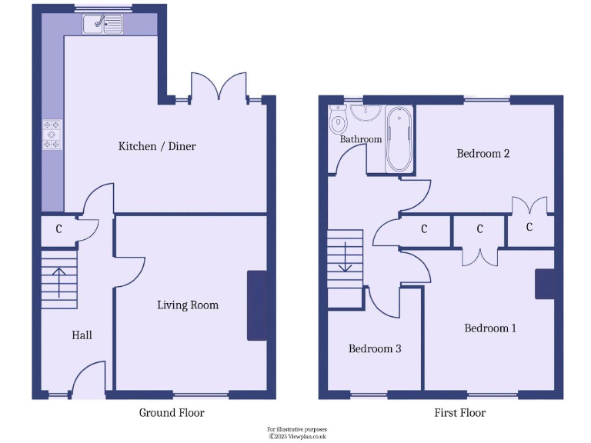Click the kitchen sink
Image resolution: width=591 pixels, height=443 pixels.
pos(103,24)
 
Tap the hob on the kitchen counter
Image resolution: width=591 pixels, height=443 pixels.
pos(52,134)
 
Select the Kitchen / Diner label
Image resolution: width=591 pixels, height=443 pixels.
pos(156,146)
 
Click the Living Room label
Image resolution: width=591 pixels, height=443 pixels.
pos(188,305)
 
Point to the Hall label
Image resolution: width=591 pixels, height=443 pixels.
pos(82,335)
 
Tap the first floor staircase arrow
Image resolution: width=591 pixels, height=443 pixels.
pos(345,258)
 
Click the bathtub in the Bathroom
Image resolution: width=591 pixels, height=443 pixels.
pos(399,139)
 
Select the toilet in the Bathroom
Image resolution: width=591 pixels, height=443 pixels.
pos(338,120)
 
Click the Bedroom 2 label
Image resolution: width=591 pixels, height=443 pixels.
pos(483,154)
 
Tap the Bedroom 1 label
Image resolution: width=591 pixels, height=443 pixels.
pos(490,328)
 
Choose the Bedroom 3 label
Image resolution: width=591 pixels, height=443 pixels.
pos(375,349)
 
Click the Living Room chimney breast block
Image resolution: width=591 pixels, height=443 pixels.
pos(256,305)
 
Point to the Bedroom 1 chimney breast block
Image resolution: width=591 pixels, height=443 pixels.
pos(545,283)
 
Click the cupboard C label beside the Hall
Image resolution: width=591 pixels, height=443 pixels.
pos(58,229)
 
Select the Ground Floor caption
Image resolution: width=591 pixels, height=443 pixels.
pos(172,413)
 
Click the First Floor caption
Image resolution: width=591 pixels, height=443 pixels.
pos(460,413)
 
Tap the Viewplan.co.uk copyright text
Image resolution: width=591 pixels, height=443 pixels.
pos(297,436)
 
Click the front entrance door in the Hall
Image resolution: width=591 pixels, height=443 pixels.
pos(87,381)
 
